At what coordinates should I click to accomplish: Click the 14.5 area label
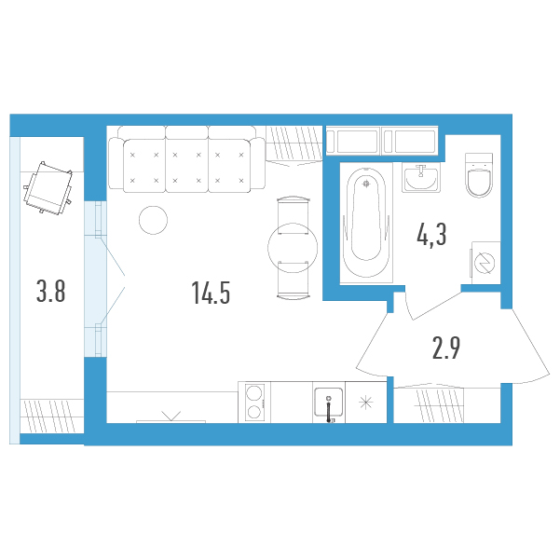[x=211, y=293]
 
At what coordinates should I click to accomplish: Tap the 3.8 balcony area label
[x=51, y=291]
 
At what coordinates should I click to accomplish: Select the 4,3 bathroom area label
[x=431, y=235]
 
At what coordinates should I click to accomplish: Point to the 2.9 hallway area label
[x=446, y=348]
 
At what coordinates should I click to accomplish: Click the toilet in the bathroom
[x=479, y=175]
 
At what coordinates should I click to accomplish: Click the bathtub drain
[x=365, y=184]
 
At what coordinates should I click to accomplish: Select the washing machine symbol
[x=485, y=263]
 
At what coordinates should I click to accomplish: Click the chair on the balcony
[x=48, y=187]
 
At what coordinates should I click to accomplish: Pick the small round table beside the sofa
[x=153, y=220]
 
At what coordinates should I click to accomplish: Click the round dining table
[x=293, y=248]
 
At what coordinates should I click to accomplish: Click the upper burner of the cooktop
[x=254, y=392]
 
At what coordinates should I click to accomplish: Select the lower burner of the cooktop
[x=254, y=412]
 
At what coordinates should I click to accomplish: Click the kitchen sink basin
[x=329, y=403]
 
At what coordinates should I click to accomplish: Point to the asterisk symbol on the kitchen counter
[x=365, y=403]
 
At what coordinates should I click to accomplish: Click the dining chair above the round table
[x=293, y=215]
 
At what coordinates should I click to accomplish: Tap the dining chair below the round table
[x=294, y=280]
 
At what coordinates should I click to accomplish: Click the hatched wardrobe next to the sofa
[x=294, y=145]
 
